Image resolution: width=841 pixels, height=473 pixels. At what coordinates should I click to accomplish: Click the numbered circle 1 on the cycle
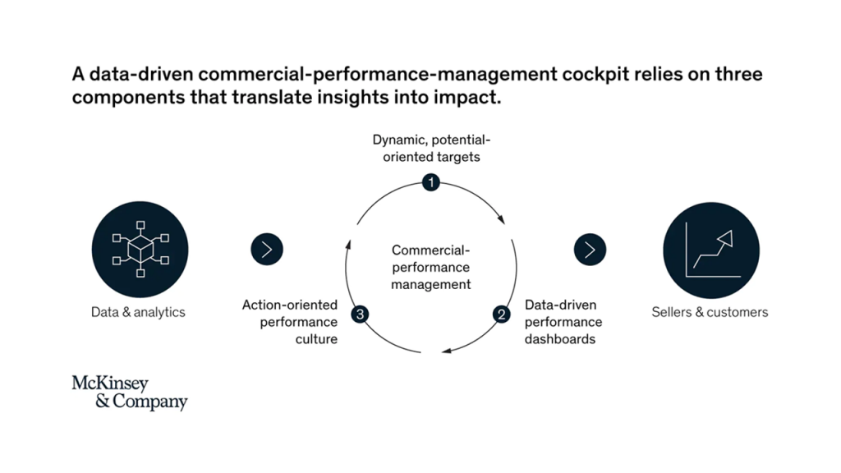[x=430, y=182]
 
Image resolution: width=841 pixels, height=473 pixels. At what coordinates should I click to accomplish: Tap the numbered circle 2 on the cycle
[x=502, y=314]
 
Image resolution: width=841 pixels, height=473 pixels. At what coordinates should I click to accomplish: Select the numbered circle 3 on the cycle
[x=360, y=314]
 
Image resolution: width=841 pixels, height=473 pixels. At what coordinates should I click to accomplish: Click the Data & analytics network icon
[x=140, y=250]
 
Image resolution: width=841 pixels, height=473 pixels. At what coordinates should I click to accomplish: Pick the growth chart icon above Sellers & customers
[x=711, y=250]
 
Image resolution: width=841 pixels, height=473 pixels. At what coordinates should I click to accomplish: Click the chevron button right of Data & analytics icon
[x=267, y=250]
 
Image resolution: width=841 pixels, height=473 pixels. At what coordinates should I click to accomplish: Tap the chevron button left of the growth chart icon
[x=590, y=250]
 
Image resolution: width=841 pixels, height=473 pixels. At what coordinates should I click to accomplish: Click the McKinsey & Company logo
[x=130, y=393]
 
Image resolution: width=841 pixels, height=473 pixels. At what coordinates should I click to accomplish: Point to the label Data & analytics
[x=138, y=312]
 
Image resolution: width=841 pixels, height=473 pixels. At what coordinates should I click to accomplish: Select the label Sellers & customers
[x=710, y=312]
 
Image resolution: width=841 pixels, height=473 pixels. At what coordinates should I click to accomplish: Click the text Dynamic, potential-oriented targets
[x=431, y=148]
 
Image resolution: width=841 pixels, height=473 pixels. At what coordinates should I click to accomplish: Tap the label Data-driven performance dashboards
[x=563, y=322]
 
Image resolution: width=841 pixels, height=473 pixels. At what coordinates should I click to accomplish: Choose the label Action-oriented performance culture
[x=290, y=322]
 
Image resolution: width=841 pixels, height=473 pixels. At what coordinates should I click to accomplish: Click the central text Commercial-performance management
[x=430, y=267]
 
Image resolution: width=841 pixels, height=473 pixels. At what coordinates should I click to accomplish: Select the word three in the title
[x=738, y=73]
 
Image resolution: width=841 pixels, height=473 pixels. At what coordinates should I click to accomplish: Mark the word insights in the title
[x=352, y=98]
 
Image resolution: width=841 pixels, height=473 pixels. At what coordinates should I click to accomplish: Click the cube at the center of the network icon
[x=140, y=250]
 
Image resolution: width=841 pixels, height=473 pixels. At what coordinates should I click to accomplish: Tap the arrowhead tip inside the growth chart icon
[x=731, y=232]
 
